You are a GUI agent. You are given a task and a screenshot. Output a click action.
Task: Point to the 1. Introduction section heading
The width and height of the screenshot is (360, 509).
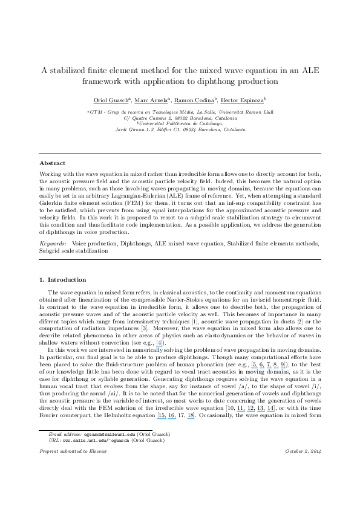[x=62, y=280]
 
